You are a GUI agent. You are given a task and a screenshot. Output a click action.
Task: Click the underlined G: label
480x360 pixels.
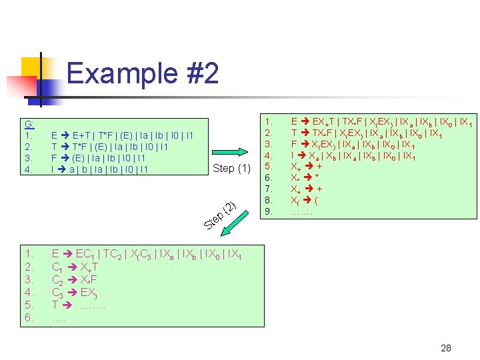click(x=30, y=124)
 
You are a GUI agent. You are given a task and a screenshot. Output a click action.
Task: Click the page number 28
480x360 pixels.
click(x=446, y=348)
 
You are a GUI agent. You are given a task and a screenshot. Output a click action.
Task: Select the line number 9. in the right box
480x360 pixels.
click(x=269, y=211)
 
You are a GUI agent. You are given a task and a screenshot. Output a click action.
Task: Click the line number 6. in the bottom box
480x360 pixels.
click(x=29, y=317)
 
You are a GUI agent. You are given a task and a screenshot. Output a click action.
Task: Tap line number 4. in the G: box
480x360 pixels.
click(x=29, y=169)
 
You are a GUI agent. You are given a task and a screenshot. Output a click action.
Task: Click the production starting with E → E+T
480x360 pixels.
click(x=122, y=135)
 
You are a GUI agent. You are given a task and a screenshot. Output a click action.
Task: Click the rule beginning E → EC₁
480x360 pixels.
click(x=147, y=253)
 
